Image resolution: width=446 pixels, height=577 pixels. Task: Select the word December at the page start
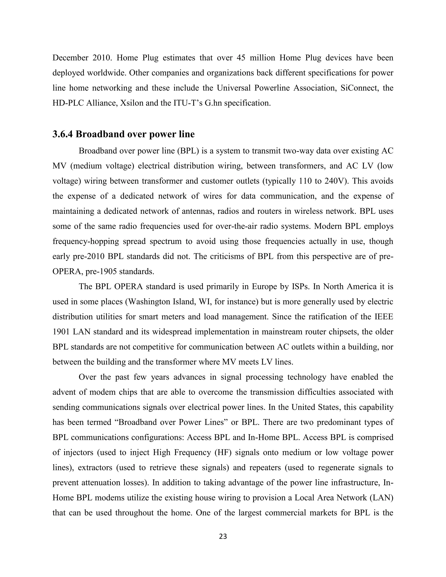coord(70,58)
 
